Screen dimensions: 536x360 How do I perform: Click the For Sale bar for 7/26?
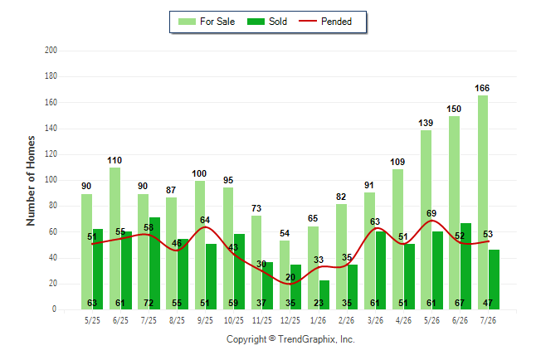[x=483, y=202]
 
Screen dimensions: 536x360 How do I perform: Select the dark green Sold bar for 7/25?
[x=154, y=263]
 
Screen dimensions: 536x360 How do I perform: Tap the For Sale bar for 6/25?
[x=115, y=238]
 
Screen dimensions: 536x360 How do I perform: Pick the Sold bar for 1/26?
[x=324, y=294]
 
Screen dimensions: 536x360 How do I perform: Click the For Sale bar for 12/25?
[x=285, y=275]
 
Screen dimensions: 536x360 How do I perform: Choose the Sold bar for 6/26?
[x=465, y=266]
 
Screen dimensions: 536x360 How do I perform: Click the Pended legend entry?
[x=325, y=22]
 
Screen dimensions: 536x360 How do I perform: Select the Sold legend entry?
[x=267, y=22]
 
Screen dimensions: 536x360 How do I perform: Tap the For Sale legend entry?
[x=207, y=22]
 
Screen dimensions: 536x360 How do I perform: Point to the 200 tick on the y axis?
[x=51, y=51]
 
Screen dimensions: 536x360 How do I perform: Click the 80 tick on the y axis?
[x=53, y=206]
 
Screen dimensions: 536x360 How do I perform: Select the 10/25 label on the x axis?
[x=234, y=320]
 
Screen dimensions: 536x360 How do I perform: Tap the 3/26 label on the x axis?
[x=375, y=320]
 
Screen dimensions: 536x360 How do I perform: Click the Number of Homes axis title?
[x=31, y=181]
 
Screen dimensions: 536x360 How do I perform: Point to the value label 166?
[x=482, y=88]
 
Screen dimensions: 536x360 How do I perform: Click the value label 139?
[x=426, y=123]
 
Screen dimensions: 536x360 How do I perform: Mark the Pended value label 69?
[x=431, y=213]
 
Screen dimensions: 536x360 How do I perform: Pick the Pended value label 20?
[x=290, y=277]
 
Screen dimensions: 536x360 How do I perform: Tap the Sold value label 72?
[x=149, y=303]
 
